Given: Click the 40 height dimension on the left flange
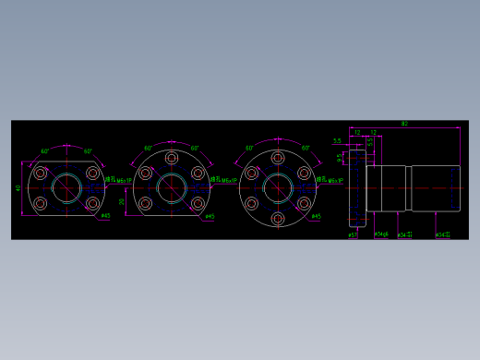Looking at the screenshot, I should (18, 188).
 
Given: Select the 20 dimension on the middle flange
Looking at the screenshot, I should (122, 200).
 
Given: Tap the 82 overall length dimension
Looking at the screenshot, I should (404, 124).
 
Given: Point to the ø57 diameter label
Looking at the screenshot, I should (353, 235).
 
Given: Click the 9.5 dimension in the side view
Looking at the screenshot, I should (340, 157).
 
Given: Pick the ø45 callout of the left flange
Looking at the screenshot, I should (105, 216).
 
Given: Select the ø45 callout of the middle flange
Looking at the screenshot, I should (210, 217).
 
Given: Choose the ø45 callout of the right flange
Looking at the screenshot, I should (316, 217).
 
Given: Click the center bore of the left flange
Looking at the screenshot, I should (66, 188).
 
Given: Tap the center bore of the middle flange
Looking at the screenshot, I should (172, 189).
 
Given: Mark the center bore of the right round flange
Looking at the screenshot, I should (278, 189).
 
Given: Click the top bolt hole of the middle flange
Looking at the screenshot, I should (172, 159).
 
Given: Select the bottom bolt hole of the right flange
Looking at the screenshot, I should (278, 220).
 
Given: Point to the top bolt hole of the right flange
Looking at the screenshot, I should (278, 159).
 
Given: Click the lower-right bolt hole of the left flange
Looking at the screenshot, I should (92, 204).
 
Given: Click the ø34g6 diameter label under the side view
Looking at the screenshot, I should (380, 234).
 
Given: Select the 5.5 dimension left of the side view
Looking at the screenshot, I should (337, 141).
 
